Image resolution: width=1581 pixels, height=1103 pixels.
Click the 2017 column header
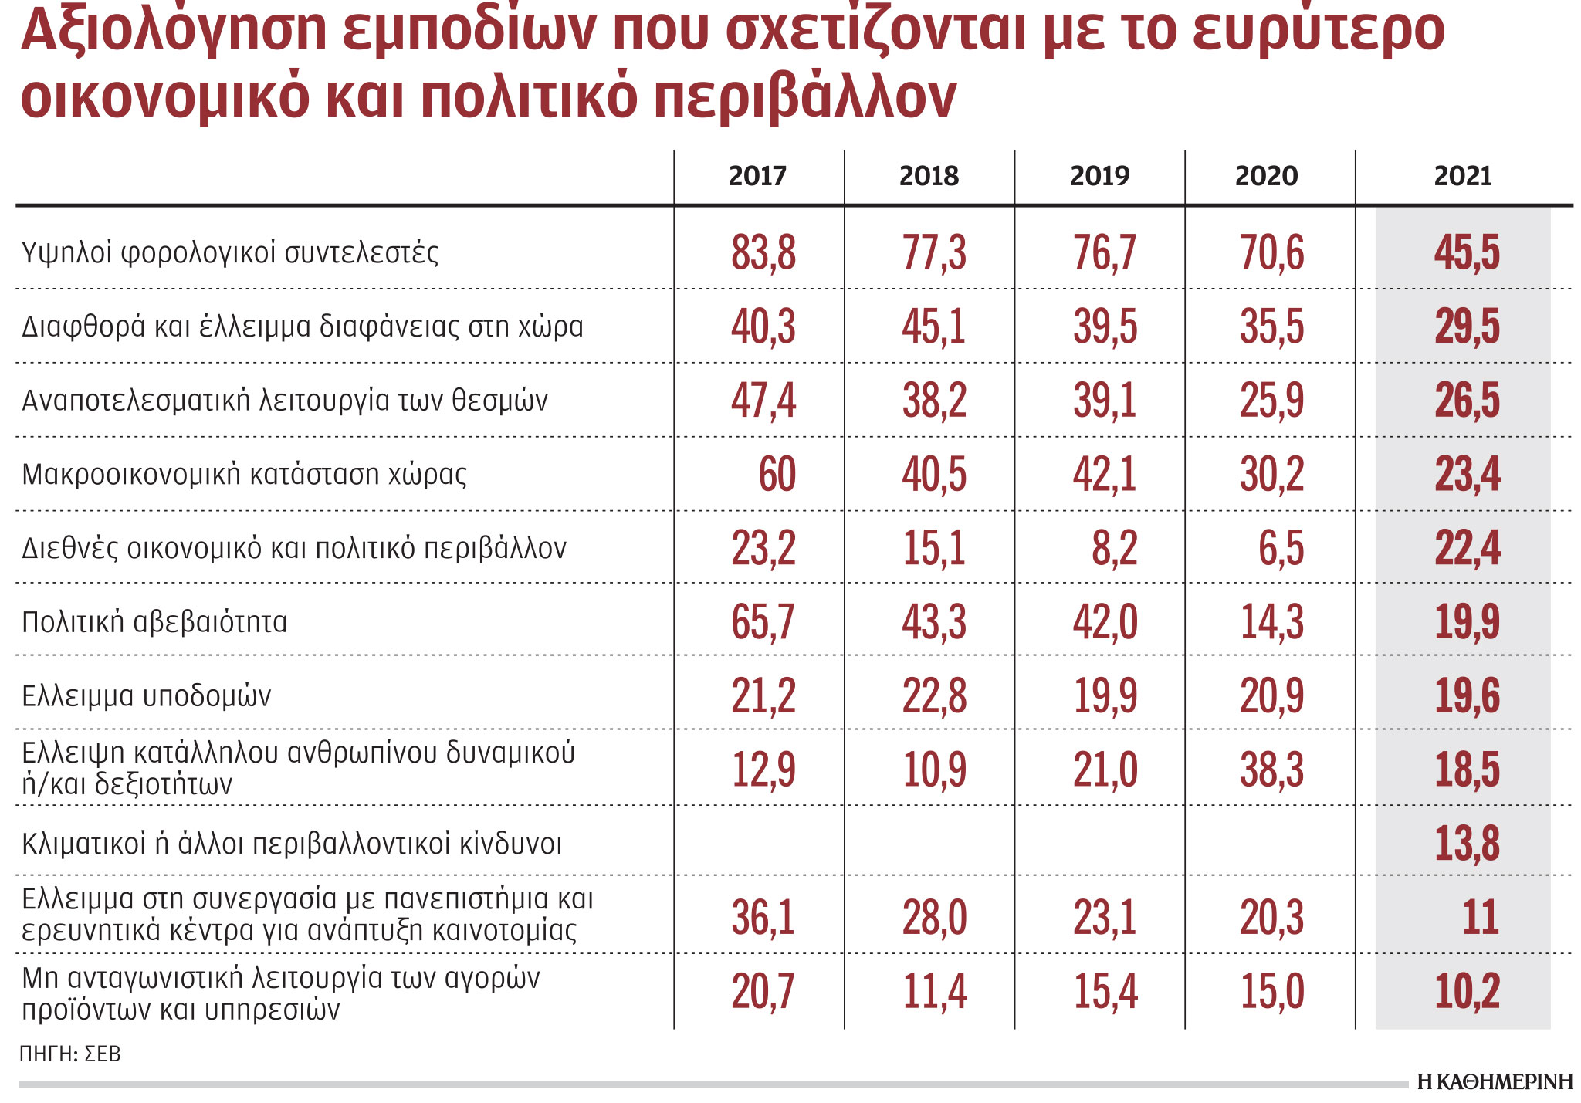pos(757,176)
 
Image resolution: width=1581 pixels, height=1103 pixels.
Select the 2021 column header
pos(1462,176)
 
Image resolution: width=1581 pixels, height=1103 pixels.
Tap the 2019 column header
pos(1099,176)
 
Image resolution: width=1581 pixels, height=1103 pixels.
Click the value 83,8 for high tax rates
pos(763,253)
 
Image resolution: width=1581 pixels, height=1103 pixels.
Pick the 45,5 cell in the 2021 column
pos(1467,253)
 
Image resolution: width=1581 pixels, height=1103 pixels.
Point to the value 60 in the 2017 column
pos(777,474)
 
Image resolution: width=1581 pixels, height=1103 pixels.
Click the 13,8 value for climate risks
pos(1467,843)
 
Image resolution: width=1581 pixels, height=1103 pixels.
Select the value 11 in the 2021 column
pos(1480,918)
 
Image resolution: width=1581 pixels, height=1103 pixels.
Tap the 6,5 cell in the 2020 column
pos(1281,549)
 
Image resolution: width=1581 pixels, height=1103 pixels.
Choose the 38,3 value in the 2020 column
pos(1271,770)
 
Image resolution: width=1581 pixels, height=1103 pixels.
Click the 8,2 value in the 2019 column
pos(1114,549)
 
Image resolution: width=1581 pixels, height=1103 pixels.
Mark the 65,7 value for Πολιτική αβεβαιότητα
pos(763,622)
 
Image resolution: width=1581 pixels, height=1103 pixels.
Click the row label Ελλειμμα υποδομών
pos(147,696)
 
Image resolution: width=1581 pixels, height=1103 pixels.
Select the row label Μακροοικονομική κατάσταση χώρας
pos(244,474)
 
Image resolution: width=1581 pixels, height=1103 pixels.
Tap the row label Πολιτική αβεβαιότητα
pos(154,622)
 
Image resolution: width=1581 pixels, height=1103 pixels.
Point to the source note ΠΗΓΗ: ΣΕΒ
pos(70,1054)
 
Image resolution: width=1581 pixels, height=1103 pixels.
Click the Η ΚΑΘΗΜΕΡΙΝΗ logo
pos(1495,1082)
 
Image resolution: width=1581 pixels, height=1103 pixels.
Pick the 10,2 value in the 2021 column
pos(1467,992)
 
